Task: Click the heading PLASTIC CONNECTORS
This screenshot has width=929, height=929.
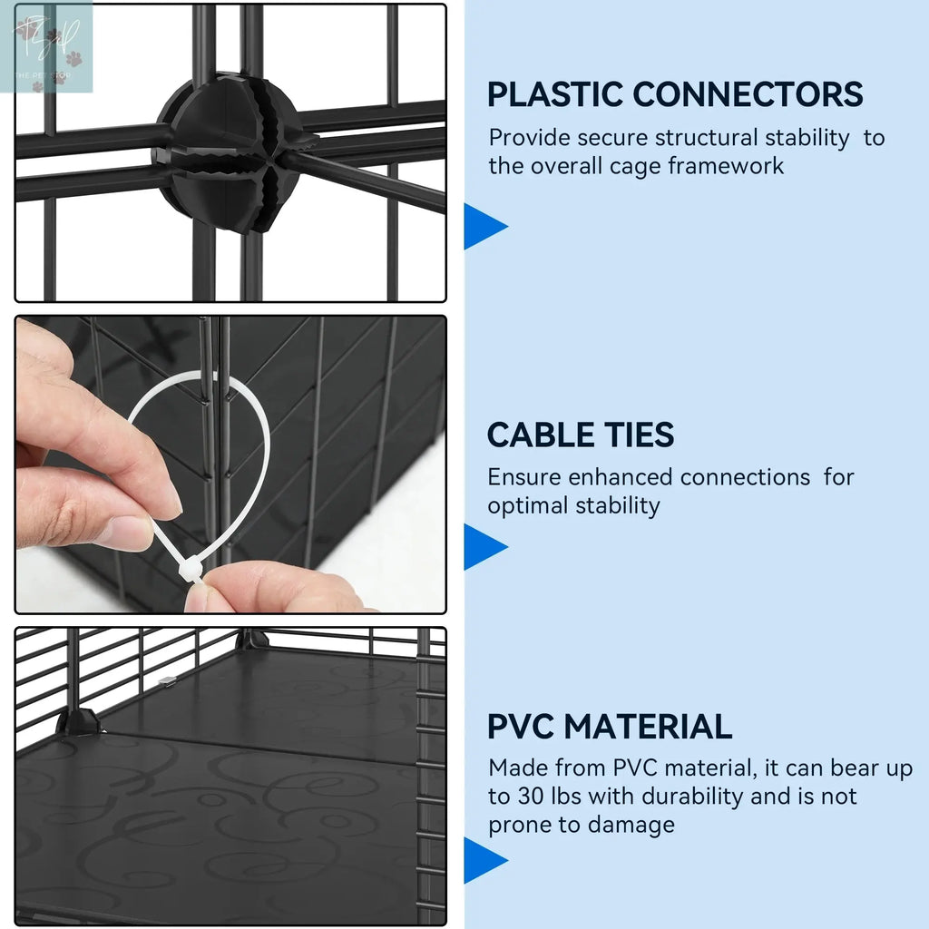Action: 675,94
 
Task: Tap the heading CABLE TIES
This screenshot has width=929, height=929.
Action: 581,435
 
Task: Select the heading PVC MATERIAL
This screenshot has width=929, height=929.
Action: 610,727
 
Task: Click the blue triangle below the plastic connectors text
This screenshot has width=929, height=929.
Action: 484,226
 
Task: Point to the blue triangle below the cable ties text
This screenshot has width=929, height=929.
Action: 484,546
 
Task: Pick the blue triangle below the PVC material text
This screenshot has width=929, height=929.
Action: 484,860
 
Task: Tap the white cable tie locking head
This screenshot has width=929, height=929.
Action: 190,572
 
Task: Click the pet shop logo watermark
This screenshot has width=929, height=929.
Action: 46,47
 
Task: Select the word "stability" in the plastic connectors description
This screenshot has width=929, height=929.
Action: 807,138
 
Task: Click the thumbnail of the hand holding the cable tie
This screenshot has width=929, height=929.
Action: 230,464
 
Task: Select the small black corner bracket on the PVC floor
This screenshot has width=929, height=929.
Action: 77,721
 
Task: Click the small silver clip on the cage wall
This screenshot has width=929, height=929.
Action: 168,681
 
